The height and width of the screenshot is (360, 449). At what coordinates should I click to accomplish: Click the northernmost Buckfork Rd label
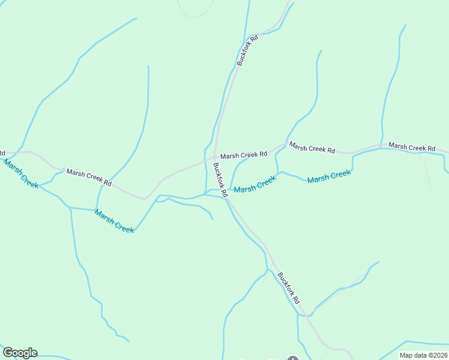247,50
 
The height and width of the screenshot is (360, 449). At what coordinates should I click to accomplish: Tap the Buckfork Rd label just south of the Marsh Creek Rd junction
220,181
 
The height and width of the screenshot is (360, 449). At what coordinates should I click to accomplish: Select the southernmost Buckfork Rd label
288,287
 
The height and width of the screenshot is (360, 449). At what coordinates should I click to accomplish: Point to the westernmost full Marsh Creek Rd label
89,177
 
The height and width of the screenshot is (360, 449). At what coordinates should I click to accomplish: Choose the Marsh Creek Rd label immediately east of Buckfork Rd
243,155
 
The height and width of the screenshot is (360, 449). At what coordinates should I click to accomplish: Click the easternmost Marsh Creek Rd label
411,146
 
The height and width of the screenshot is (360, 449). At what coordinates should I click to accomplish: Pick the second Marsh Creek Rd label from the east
312,148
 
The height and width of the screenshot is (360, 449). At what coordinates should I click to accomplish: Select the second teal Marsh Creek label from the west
114,221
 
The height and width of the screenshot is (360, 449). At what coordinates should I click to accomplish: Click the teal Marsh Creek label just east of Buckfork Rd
255,184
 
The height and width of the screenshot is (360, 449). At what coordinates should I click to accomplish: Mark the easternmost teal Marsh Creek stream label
329,176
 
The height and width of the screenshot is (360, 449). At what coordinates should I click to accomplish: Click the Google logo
20,353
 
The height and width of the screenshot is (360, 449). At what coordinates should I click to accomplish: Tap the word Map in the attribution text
406,355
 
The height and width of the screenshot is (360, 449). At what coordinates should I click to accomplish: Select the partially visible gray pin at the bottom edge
292,358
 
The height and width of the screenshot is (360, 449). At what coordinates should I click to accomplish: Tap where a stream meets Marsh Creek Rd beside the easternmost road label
381,146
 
